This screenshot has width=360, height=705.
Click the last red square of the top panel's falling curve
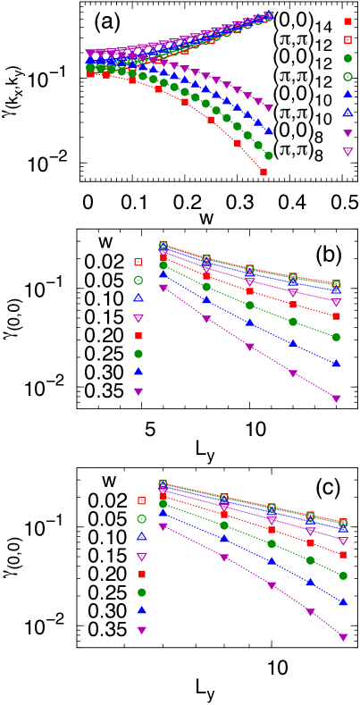click(264, 172)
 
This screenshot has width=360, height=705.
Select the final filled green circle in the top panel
click(268, 155)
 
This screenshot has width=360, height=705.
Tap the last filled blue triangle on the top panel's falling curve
click(268, 131)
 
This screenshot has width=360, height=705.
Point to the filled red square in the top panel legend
click(347, 21)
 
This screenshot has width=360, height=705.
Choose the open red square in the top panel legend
click(347, 39)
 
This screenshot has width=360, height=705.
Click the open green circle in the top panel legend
click(347, 76)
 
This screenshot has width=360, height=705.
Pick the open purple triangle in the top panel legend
click(347, 152)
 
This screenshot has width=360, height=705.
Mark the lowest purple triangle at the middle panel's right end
click(336, 399)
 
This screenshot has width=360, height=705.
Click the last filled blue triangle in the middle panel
click(336, 364)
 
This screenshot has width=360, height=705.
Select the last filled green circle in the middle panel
click(336, 337)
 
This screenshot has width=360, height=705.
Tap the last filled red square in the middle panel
click(336, 316)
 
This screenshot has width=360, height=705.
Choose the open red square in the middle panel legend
click(138, 262)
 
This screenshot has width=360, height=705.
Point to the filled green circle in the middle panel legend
click(138, 354)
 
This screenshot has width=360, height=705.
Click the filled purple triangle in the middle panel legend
click(138, 391)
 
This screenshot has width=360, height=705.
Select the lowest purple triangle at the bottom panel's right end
click(343, 637)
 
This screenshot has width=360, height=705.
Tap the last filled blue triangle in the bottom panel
click(343, 601)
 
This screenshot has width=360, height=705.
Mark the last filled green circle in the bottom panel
click(343, 575)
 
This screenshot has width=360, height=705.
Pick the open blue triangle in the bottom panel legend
click(141, 536)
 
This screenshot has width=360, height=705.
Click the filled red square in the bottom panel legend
click(141, 574)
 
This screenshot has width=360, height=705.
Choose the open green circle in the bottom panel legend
click(141, 518)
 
